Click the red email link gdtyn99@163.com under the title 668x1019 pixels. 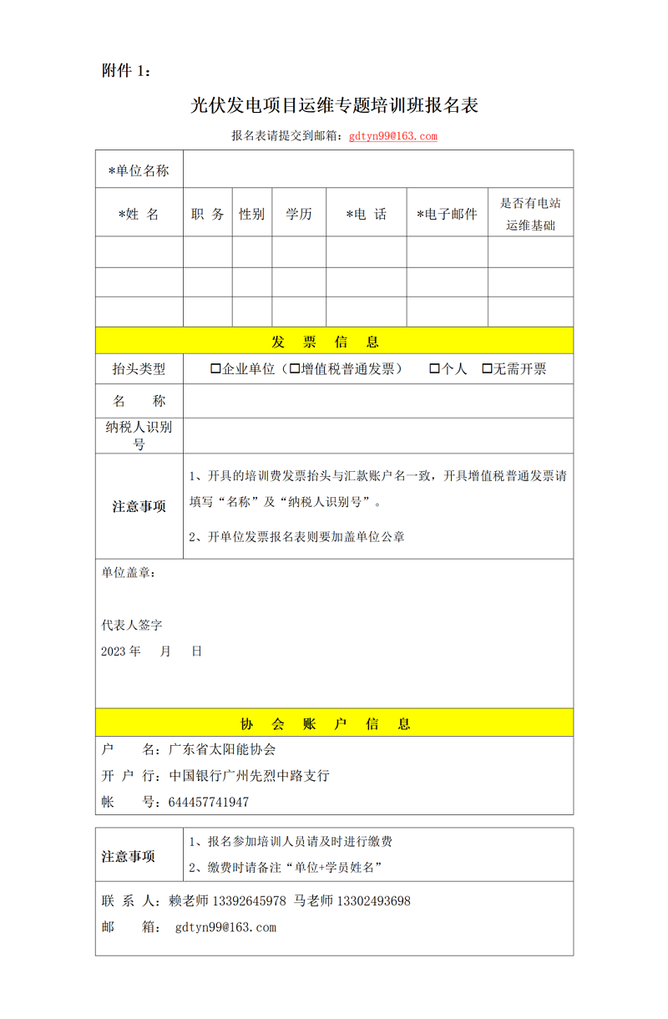(392, 136)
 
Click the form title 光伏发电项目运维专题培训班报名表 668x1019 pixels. (334, 105)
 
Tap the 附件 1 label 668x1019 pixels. (126, 71)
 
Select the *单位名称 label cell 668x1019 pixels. (139, 170)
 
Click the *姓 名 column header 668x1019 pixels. (139, 214)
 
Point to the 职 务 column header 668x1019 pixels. (208, 214)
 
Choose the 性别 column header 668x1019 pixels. (251, 214)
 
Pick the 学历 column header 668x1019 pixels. (299, 214)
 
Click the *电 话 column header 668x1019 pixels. (367, 214)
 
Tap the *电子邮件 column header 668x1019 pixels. (447, 214)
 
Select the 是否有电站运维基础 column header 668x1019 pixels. (530, 214)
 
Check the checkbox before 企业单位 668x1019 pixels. (215, 368)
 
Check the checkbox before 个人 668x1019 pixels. (434, 368)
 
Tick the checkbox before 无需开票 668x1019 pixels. (487, 368)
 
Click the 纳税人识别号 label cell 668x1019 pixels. (139, 435)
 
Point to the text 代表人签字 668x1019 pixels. (132, 625)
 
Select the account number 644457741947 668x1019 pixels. (208, 802)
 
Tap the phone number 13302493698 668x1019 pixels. (372, 901)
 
